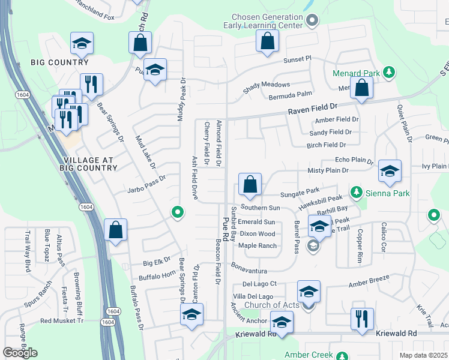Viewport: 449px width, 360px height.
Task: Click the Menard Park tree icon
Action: pos(389,73)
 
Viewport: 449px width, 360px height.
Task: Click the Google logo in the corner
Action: pos(20,352)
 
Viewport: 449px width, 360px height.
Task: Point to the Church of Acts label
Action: pos(271,305)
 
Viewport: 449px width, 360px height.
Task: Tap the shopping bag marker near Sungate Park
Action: pos(250,185)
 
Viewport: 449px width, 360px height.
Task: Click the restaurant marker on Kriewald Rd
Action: pos(362,319)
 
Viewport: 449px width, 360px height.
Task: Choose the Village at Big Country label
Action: pos(91,163)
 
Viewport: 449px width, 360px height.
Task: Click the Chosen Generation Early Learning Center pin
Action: pos(312,22)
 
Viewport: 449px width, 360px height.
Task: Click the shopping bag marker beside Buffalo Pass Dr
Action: pos(115,231)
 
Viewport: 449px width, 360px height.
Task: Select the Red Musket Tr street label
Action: pos(62,321)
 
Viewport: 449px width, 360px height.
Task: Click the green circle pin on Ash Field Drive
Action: pos(177,212)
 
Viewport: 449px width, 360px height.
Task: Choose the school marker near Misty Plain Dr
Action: pos(390,172)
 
